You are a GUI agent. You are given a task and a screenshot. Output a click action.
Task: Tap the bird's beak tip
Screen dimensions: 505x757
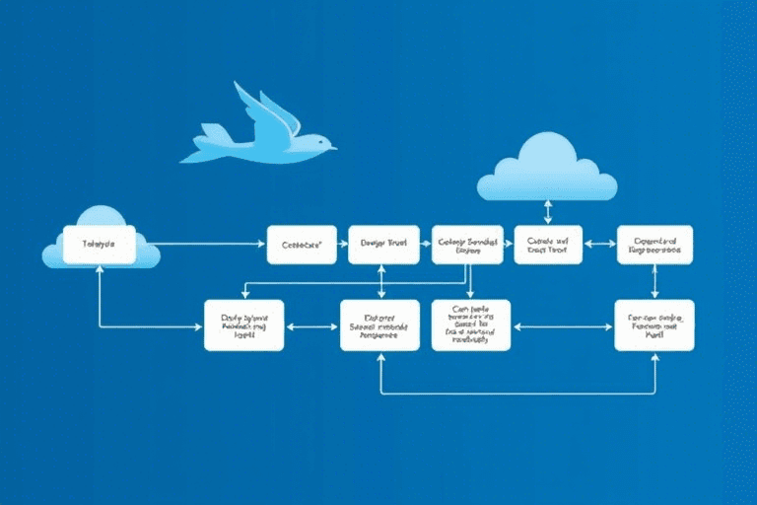coord(335,149)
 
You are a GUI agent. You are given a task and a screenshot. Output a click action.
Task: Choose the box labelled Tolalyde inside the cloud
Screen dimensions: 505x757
coord(99,244)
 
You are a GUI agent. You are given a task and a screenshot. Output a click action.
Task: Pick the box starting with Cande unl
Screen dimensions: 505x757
coord(548,244)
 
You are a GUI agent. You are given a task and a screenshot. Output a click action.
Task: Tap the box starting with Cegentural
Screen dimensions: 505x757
coord(654,244)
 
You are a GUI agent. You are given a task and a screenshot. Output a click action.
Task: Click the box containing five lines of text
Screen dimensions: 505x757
coord(471,325)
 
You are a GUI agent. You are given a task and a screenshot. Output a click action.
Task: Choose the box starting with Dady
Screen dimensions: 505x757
coord(243,325)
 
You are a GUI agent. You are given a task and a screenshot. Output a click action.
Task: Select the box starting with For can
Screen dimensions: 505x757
coord(654,325)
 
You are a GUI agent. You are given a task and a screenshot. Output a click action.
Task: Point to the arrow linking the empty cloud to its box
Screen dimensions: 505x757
coord(548,211)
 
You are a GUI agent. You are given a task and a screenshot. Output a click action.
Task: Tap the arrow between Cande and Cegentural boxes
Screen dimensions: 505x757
coord(599,243)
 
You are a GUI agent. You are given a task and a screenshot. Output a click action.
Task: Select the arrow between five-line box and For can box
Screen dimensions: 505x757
coord(562,325)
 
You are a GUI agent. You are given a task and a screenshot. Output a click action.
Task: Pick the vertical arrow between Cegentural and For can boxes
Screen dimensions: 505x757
coord(655,282)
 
